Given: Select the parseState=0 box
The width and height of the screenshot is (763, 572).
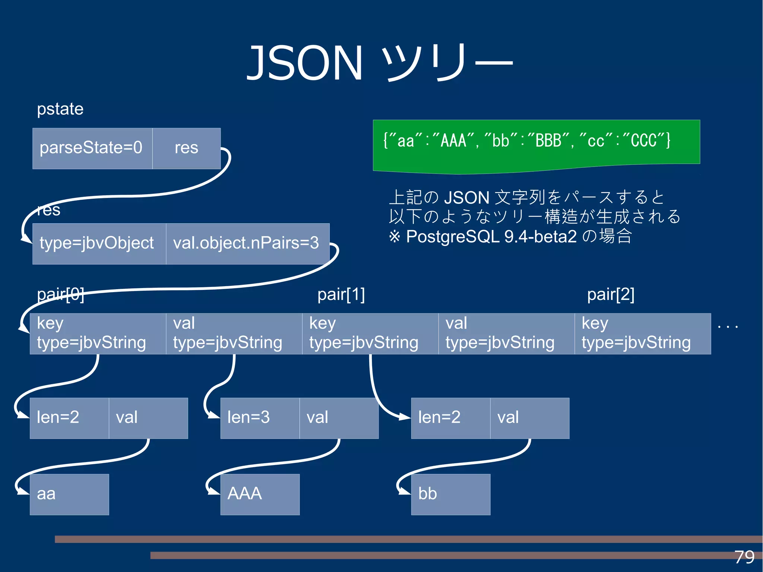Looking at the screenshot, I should pyautogui.click(x=92, y=148).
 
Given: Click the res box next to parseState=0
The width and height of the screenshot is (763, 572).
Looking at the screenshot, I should pyautogui.click(x=186, y=148).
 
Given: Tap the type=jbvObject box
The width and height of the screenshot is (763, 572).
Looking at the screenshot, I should pyautogui.click(x=99, y=244).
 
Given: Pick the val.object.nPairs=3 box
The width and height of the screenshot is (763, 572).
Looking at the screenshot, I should pyautogui.click(x=247, y=244).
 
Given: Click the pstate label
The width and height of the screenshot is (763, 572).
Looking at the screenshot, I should pyautogui.click(x=60, y=109).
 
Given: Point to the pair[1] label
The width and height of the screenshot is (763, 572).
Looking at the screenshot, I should pyautogui.click(x=341, y=294).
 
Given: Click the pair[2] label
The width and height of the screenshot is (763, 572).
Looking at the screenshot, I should pyautogui.click(x=611, y=294).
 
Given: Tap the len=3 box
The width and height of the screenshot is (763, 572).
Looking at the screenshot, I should pyautogui.click(x=260, y=418).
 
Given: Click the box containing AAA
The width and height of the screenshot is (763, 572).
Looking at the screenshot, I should pyautogui.click(x=260, y=494).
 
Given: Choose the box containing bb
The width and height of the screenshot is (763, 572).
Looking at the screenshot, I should pyautogui.click(x=450, y=494).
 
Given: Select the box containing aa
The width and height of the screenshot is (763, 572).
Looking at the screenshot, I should pyautogui.click(x=69, y=494).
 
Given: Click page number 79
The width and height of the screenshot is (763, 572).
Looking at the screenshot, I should pyautogui.click(x=744, y=557).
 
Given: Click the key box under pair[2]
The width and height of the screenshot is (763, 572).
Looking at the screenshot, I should pyautogui.click(x=642, y=334).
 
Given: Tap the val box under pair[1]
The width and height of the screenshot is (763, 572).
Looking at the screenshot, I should pyautogui.click(x=506, y=334).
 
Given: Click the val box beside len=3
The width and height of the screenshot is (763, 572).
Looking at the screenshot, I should pyautogui.click(x=339, y=418).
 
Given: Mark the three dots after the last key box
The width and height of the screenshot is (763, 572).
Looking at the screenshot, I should pyautogui.click(x=727, y=327).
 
